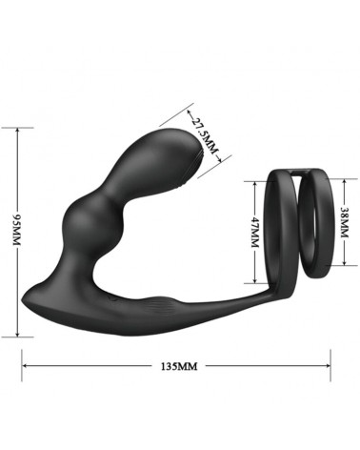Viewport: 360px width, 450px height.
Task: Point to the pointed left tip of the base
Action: coord(25,298)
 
